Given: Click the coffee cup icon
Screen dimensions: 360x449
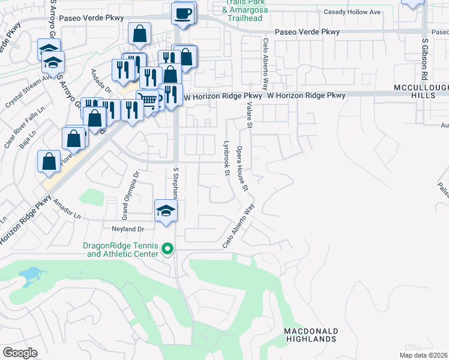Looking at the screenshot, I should (183, 12).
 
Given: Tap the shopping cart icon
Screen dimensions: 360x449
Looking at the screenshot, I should (147, 100).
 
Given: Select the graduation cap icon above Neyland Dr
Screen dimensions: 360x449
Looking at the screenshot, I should (166, 211).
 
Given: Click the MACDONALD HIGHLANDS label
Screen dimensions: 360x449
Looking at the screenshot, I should (310, 335).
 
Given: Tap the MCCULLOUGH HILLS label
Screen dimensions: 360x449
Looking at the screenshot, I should (421, 92).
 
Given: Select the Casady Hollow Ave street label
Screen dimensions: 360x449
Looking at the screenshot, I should (352, 12).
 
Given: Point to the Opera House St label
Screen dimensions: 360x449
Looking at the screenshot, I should (242, 167).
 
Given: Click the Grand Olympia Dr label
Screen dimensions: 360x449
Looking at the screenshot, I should (136, 187).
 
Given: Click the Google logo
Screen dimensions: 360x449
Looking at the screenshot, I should (20, 353).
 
